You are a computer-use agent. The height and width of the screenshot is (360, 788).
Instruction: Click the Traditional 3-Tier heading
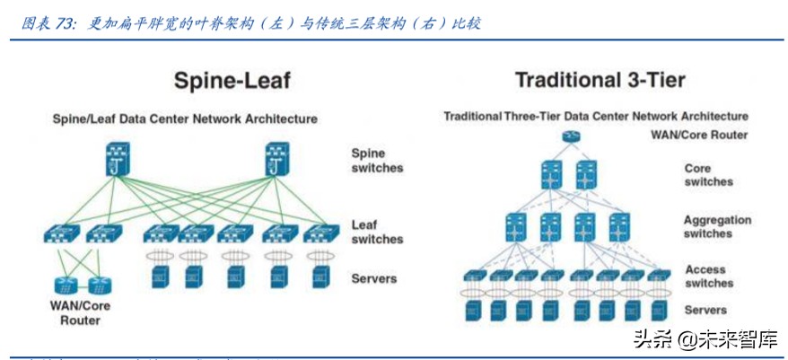coord(600,80)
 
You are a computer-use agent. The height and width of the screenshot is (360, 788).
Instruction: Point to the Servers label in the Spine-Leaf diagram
coord(374,279)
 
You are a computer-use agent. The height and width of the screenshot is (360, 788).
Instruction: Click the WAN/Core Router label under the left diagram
coord(80,313)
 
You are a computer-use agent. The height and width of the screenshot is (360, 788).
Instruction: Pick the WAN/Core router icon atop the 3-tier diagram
coord(570,136)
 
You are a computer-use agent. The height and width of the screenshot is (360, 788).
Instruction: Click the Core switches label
coord(708,175)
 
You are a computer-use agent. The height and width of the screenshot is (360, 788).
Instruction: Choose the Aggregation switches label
coord(717,226)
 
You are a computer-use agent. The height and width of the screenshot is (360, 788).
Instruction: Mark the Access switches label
coord(709,277)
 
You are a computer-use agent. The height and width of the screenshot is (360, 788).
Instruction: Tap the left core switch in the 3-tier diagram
coord(551,173)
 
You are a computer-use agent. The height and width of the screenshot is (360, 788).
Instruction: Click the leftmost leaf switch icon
coord(61,234)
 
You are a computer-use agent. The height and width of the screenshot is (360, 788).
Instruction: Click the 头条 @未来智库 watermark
coord(705,339)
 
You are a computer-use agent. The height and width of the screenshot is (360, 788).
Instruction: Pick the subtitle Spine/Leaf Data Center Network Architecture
coord(185,119)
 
